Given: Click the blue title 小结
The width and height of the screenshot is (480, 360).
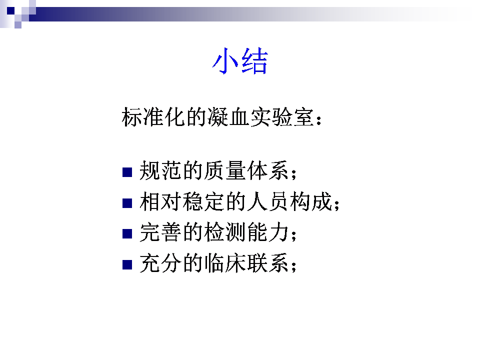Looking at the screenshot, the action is [x=240, y=61].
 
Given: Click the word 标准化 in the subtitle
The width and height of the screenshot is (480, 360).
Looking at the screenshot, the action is [x=153, y=117].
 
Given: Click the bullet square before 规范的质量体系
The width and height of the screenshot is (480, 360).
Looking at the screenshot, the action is [x=127, y=172].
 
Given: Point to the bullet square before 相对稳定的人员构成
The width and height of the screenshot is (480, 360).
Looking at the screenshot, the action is [x=127, y=203].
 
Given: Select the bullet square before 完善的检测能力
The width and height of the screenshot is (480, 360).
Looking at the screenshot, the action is [x=127, y=233].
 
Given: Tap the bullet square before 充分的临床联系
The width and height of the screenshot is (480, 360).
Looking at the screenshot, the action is [x=127, y=264].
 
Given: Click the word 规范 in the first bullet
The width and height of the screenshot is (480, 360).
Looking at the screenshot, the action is [x=160, y=171].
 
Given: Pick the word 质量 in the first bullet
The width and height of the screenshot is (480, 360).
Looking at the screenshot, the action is [x=225, y=171].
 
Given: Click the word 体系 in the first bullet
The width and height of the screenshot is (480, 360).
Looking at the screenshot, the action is [x=268, y=171].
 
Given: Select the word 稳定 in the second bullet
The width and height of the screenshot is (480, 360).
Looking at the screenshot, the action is [x=203, y=201].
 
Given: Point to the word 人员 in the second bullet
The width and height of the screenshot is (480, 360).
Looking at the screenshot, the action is [x=268, y=201].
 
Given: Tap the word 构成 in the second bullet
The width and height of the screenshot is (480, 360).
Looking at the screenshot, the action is [x=311, y=201].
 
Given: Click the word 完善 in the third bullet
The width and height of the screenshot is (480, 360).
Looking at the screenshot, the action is [x=160, y=232].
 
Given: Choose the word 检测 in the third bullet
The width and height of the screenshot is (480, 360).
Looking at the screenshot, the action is [x=225, y=232].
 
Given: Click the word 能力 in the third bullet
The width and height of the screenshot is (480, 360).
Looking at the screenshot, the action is [x=268, y=232].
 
